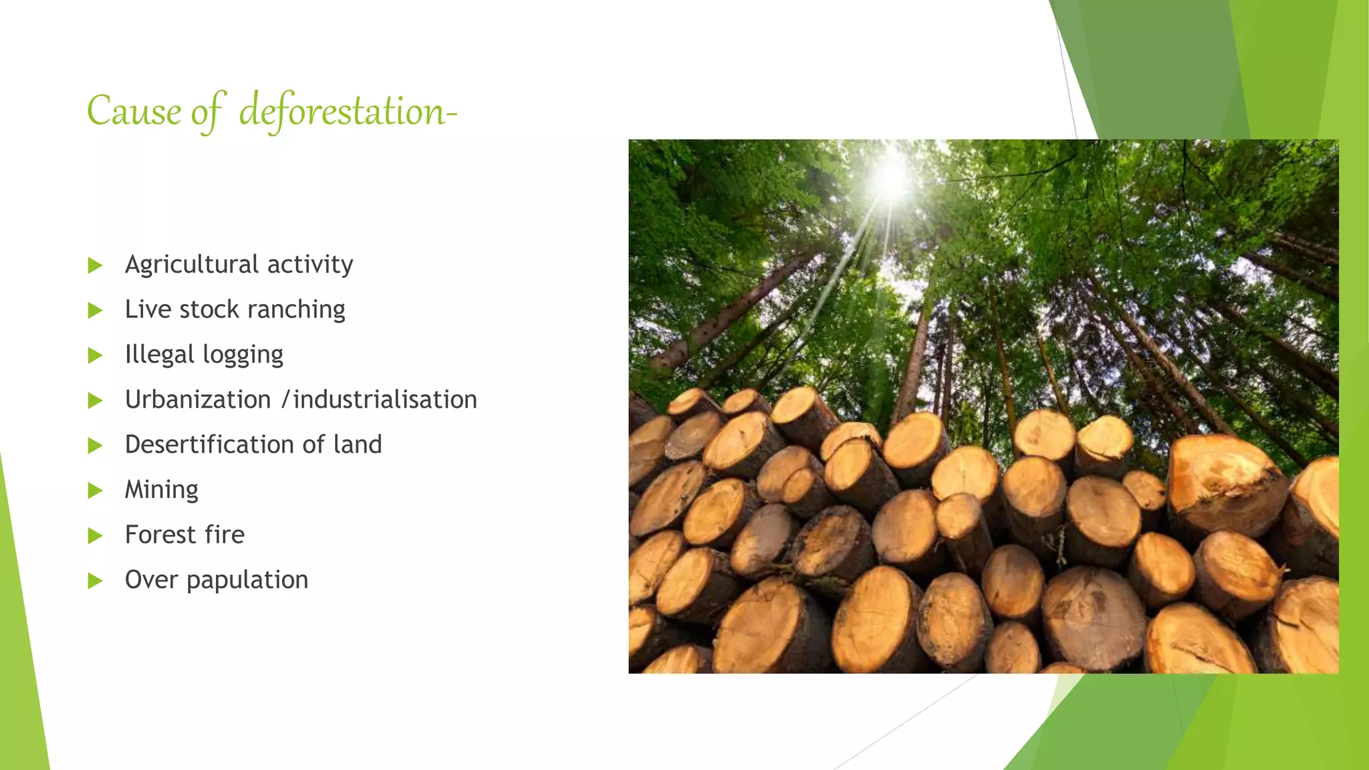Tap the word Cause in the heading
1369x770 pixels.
(134, 111)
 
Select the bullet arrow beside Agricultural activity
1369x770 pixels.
(96, 266)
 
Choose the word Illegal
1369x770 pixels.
(159, 354)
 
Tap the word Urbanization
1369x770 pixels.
(198, 400)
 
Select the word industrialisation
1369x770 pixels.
(385, 400)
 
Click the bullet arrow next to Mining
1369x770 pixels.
(96, 491)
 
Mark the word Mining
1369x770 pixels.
(162, 490)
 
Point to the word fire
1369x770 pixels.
(225, 535)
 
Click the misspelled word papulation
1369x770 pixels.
(247, 580)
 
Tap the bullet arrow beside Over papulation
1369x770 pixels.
(96, 581)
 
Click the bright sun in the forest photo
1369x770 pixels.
(892, 177)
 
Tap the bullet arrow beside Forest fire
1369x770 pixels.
(96, 536)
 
